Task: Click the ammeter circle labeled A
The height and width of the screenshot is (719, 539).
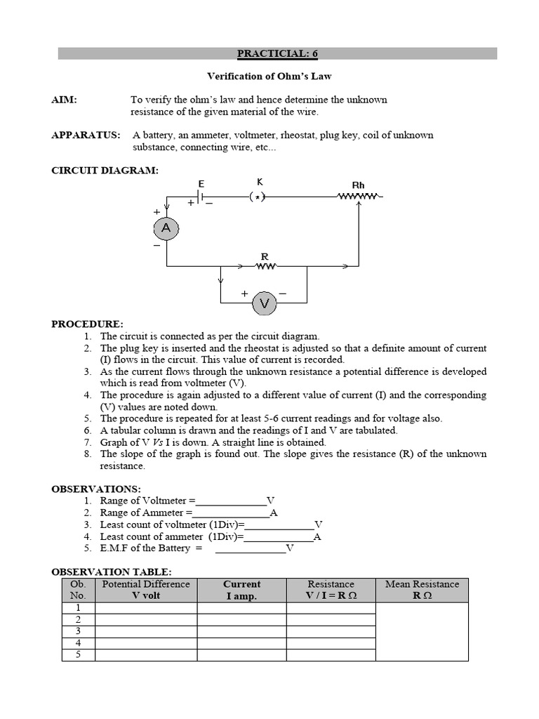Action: (166, 228)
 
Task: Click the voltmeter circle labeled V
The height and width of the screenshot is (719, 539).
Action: (265, 303)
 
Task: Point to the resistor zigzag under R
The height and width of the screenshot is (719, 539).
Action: (265, 266)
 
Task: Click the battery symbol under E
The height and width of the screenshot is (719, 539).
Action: (201, 198)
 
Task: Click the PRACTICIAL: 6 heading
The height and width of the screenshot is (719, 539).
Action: (277, 53)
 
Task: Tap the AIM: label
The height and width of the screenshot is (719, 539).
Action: (64, 100)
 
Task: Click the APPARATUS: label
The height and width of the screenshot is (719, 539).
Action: (86, 135)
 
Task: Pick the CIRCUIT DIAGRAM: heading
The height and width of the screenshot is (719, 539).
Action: (105, 170)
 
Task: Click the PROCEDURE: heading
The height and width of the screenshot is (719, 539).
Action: (87, 324)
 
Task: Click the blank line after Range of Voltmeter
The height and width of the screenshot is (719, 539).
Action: (231, 501)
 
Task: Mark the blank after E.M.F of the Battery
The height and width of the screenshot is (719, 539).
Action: (250, 548)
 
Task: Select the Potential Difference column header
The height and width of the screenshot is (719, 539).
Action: (146, 590)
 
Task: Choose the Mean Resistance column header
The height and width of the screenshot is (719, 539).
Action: (422, 590)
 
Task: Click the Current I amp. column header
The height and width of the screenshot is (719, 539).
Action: (241, 590)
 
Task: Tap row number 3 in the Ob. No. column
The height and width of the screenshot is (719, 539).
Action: (78, 631)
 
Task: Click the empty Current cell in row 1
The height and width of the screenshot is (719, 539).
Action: (241, 608)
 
